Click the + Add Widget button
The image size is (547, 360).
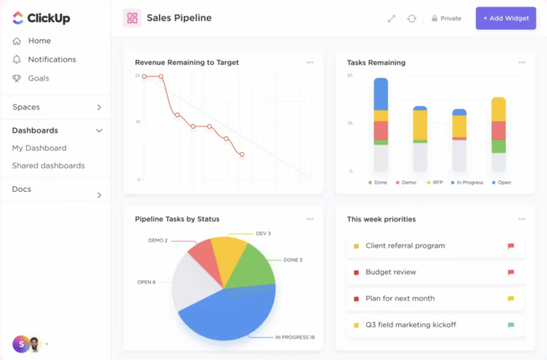(506, 19)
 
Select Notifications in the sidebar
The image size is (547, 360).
(51, 59)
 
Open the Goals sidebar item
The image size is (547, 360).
(39, 78)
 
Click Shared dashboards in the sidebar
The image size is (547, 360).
(48, 165)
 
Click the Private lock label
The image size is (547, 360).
(447, 19)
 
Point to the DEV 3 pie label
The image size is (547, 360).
(263, 233)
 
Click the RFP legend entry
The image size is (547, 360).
(434, 182)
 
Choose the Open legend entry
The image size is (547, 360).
(501, 182)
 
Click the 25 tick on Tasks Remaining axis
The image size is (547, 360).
(350, 123)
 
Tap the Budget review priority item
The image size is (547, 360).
(390, 272)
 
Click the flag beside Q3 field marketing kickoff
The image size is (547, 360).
(511, 325)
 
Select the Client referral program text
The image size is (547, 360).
(405, 246)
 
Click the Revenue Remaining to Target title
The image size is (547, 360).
(187, 63)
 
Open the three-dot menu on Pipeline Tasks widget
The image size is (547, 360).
(310, 219)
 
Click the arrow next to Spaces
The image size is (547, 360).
(99, 108)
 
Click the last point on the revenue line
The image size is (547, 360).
(242, 154)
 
